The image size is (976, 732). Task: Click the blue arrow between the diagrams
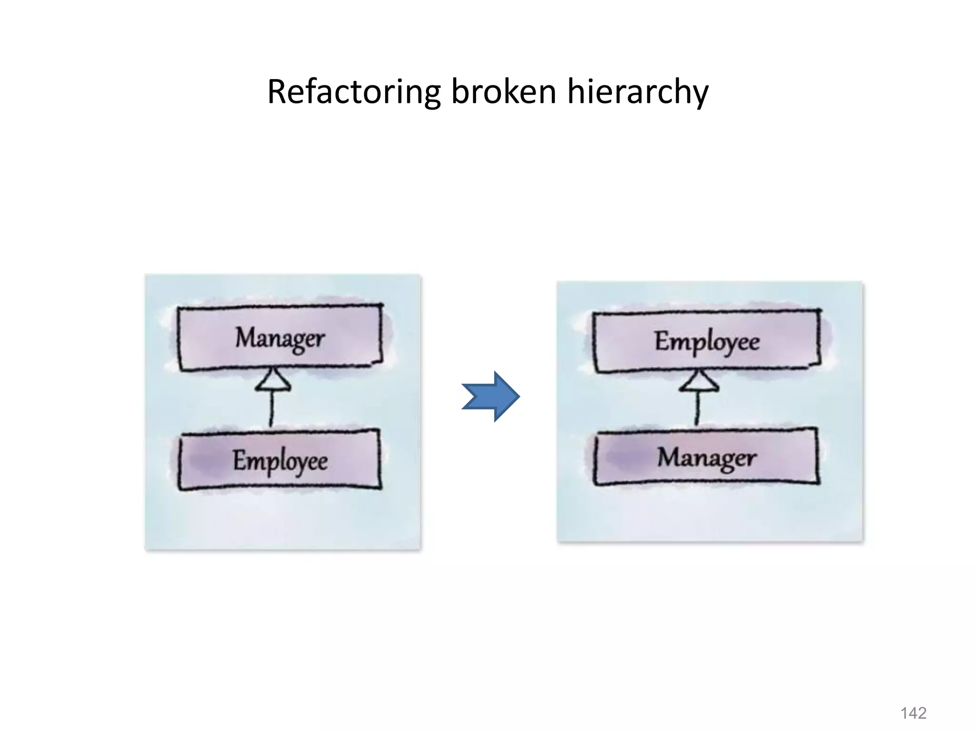click(491, 396)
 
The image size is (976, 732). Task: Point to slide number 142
click(913, 713)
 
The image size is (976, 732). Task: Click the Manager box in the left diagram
click(280, 338)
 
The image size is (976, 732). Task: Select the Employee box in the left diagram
click(280, 460)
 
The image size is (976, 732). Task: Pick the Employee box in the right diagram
click(707, 341)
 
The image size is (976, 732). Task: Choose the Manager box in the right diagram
click(707, 457)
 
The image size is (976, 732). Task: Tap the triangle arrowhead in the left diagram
click(273, 381)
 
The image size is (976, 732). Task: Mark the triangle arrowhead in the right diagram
click(699, 382)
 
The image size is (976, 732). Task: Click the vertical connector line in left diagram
click(272, 409)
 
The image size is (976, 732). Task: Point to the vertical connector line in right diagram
click(697, 409)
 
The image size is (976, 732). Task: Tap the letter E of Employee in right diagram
click(661, 340)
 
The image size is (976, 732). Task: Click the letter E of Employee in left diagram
click(239, 460)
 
